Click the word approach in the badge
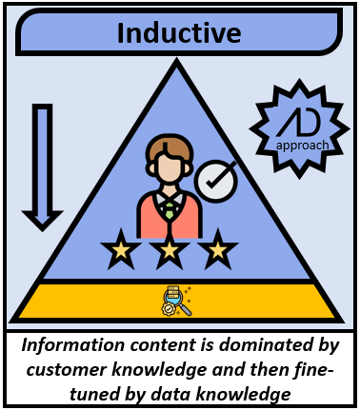click(301, 146)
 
